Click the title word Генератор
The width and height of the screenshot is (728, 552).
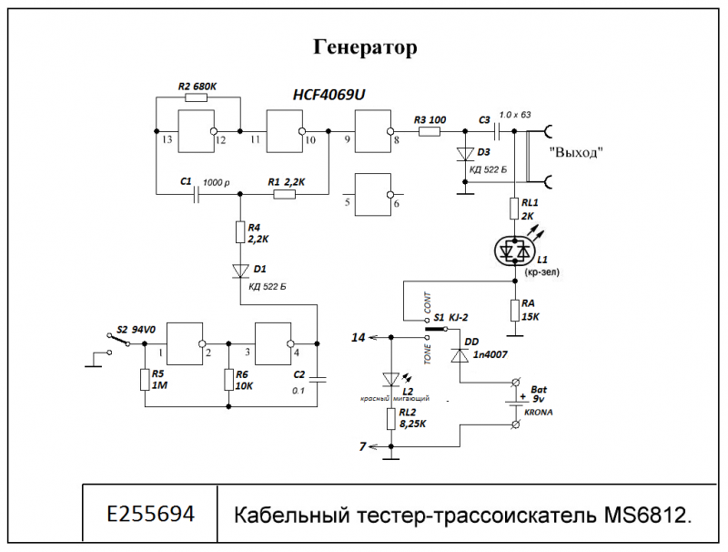[x=365, y=47]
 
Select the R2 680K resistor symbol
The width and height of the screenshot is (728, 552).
[x=197, y=98]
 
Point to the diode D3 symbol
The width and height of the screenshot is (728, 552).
[x=466, y=155]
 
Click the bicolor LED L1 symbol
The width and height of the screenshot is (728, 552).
[x=517, y=249]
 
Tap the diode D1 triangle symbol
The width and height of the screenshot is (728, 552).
[x=241, y=271]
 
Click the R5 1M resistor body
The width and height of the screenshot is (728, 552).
[x=144, y=379]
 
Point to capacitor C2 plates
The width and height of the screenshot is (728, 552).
[x=316, y=376]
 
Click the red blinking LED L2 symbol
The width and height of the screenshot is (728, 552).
[x=391, y=379]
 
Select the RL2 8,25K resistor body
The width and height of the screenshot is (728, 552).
[x=391, y=419]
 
